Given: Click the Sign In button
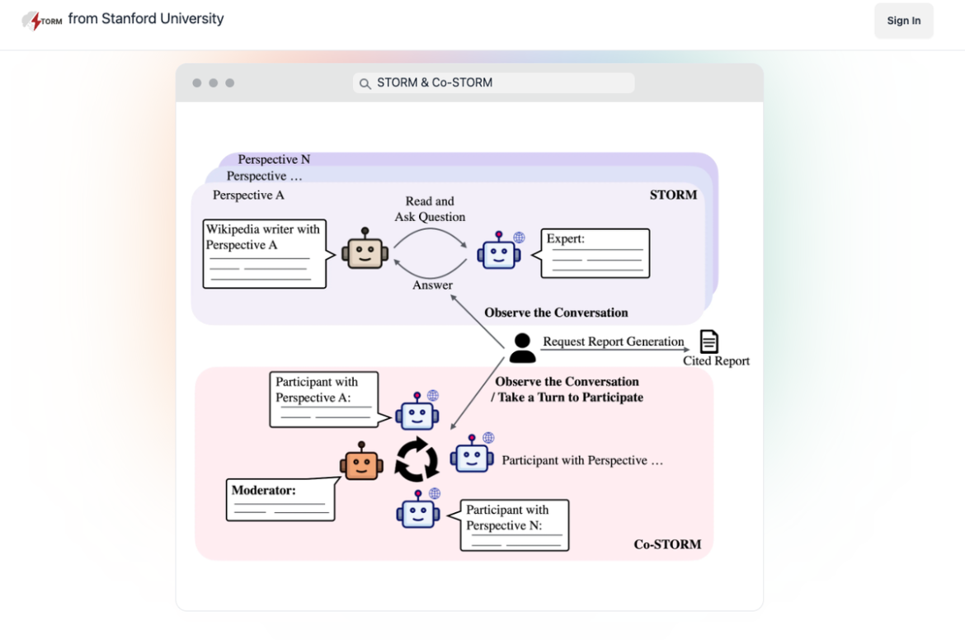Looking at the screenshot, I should pos(903,21).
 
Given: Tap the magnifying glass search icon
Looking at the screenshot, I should pos(365,83).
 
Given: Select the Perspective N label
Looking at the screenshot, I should pos(274,159).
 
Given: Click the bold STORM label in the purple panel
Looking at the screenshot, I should pos(673,195).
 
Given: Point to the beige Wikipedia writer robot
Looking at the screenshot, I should pos(365,250).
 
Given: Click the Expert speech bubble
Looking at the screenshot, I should pos(595,253).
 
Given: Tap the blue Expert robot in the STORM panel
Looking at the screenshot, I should pos(500,252).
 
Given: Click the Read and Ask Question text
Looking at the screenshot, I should pos(430,209).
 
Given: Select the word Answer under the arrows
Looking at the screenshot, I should pos(432,285).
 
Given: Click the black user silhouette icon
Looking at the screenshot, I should pos(522,348).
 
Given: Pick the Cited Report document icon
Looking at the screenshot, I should pos(709,341).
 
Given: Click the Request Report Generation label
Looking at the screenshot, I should pos(613,341).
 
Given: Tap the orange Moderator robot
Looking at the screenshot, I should pos(361,463).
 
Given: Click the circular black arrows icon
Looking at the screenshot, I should pos(417,460).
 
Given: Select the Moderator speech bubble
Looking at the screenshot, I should pos(280,499).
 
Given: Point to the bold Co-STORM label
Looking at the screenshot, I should pos(667,544).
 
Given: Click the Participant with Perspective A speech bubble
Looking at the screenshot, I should pos(323,399).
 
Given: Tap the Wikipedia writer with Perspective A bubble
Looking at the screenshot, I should pos(264,253).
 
